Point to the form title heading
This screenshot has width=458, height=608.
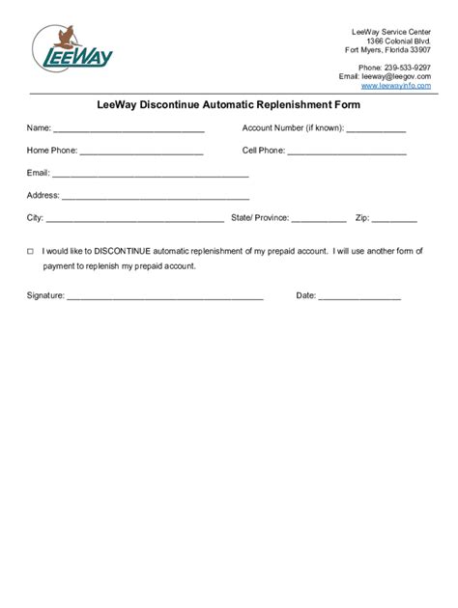click(229, 105)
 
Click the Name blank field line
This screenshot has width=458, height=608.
click(129, 130)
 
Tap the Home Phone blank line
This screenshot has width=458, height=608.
click(141, 152)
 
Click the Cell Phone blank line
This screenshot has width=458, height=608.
click(347, 152)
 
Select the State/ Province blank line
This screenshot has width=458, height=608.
click(318, 220)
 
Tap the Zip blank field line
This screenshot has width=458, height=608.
click(396, 220)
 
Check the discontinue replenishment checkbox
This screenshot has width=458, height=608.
click(30, 250)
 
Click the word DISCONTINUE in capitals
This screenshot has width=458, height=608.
click(123, 250)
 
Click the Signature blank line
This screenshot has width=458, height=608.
click(164, 297)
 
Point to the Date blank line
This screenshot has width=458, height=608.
click(359, 297)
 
